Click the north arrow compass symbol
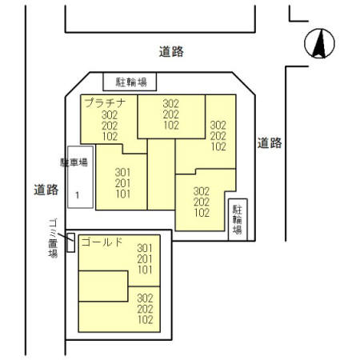[319, 43]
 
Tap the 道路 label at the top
[171, 51]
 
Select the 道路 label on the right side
[270, 143]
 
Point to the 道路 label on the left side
[46, 190]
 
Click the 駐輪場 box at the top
[130, 82]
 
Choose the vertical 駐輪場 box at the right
[238, 219]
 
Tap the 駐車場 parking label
[74, 162]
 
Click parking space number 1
[78, 195]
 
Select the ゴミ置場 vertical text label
[53, 238]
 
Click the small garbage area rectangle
[70, 242]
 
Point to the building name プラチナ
[105, 102]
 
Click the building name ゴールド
[102, 242]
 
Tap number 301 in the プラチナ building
[123, 173]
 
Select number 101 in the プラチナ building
[123, 194]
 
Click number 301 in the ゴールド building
[145, 248]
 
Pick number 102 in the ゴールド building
[146, 319]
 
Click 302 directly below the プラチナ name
[110, 115]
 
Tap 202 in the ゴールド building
[146, 309]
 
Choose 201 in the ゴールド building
[145, 259]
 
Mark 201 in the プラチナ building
[123, 183]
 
